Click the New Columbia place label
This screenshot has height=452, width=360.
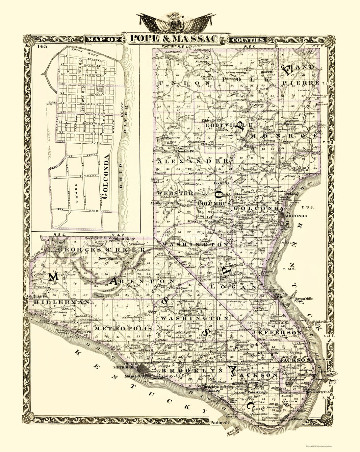pyautogui.click(x=107, y=259)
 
